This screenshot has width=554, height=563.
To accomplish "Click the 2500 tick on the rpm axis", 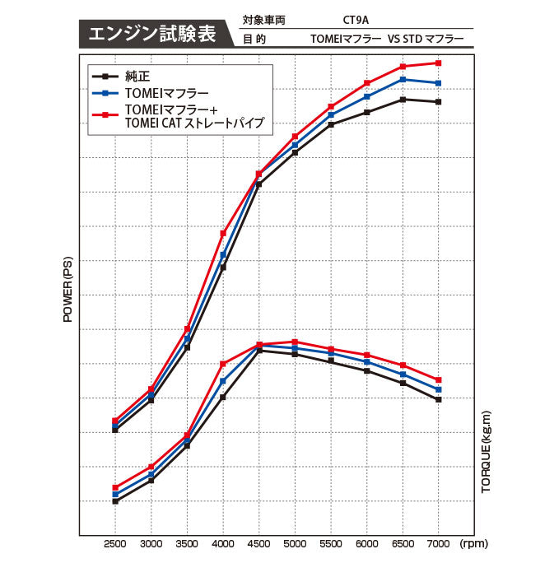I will (x=115, y=545).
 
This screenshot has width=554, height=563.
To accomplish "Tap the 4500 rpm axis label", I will (x=259, y=545).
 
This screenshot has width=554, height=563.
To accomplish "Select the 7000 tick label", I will (x=439, y=545).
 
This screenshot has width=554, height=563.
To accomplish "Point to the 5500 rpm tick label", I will (x=331, y=545).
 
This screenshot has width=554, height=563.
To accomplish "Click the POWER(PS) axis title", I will (x=68, y=289).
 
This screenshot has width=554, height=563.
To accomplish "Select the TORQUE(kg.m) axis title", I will (x=486, y=452).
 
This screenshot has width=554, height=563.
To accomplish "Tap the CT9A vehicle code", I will (x=356, y=17).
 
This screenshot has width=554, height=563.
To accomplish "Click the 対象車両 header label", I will (x=264, y=17).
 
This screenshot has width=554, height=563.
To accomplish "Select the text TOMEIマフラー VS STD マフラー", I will (x=387, y=39).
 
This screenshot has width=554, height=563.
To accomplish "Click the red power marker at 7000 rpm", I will (x=439, y=63).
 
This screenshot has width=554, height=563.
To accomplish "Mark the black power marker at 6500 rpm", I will (x=403, y=100).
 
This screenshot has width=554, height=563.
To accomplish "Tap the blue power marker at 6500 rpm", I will (x=403, y=80).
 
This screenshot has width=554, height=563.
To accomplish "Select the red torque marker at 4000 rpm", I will (x=223, y=363).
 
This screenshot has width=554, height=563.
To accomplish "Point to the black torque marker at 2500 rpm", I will (x=115, y=501).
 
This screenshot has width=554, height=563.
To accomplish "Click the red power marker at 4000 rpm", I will (x=223, y=233).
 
